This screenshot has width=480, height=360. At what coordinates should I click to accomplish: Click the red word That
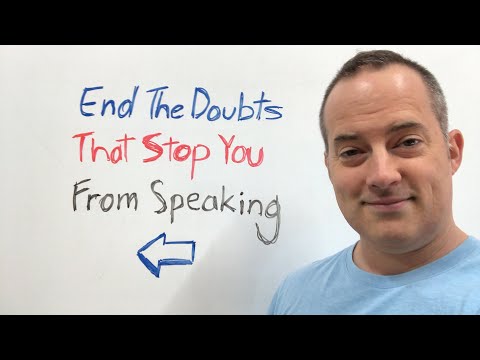(104, 151)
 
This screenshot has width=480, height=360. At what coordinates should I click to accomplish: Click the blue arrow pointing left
(165, 254)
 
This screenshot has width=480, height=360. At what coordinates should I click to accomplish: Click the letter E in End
(89, 104)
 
